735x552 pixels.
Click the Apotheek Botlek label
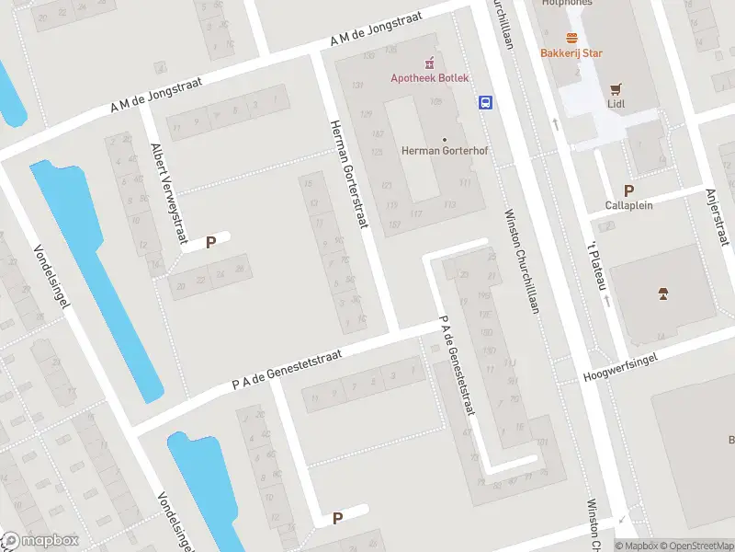tap(429, 78)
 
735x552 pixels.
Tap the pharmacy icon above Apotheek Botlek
tap(429, 63)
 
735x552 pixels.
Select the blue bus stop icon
tap(484, 103)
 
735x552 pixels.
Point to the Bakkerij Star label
tap(571, 53)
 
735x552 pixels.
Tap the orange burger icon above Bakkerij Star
tap(571, 38)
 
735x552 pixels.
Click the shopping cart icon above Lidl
tap(616, 89)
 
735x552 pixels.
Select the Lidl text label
tap(616, 105)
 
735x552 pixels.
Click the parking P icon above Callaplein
tap(628, 191)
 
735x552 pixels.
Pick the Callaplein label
tap(628, 205)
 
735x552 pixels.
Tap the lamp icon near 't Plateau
tap(662, 293)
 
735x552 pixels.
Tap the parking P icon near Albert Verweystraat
tap(210, 243)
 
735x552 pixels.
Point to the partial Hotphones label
tap(567, 3)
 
